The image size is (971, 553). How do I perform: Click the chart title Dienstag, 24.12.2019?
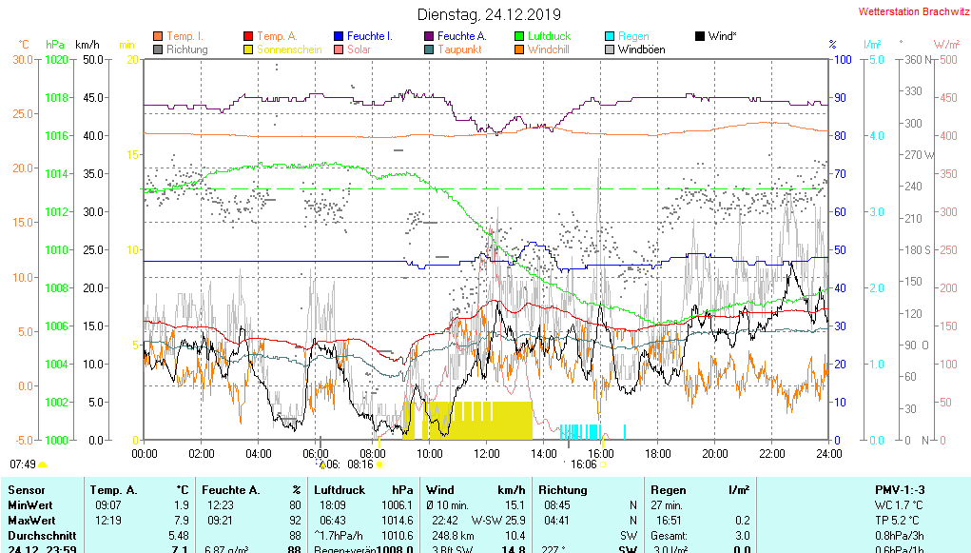coord(489,14)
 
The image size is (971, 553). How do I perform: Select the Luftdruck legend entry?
coord(549,36)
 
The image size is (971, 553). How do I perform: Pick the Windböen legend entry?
coord(641,49)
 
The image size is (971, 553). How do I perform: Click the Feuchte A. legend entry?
coord(461,36)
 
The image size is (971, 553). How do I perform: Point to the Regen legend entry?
coord(633,36)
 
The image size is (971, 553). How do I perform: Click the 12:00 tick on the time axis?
coord(487,454)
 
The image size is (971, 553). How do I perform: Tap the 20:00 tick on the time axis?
coord(715,454)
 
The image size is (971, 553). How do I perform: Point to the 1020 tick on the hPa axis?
coord(56,59)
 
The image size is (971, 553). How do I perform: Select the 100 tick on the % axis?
coord(841,59)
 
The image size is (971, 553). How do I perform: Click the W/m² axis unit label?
coord(945,45)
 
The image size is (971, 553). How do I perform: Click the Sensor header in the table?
coord(26,490)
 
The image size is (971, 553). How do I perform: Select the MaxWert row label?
coord(30,521)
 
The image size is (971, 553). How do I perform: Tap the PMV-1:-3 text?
coord(900,490)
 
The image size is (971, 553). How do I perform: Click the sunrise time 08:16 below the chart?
coord(360,464)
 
